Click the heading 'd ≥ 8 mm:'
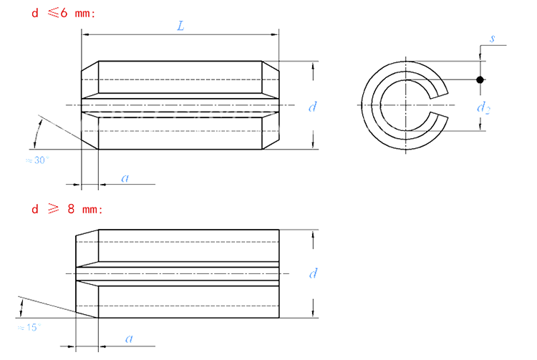coord(67,210)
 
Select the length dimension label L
coord(180,26)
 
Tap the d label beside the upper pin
coord(312,107)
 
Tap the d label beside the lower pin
coord(312,273)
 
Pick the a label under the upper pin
coord(125,177)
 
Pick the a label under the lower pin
coord(129,338)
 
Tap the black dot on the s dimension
coord(480,79)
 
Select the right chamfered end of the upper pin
coord(269,106)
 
